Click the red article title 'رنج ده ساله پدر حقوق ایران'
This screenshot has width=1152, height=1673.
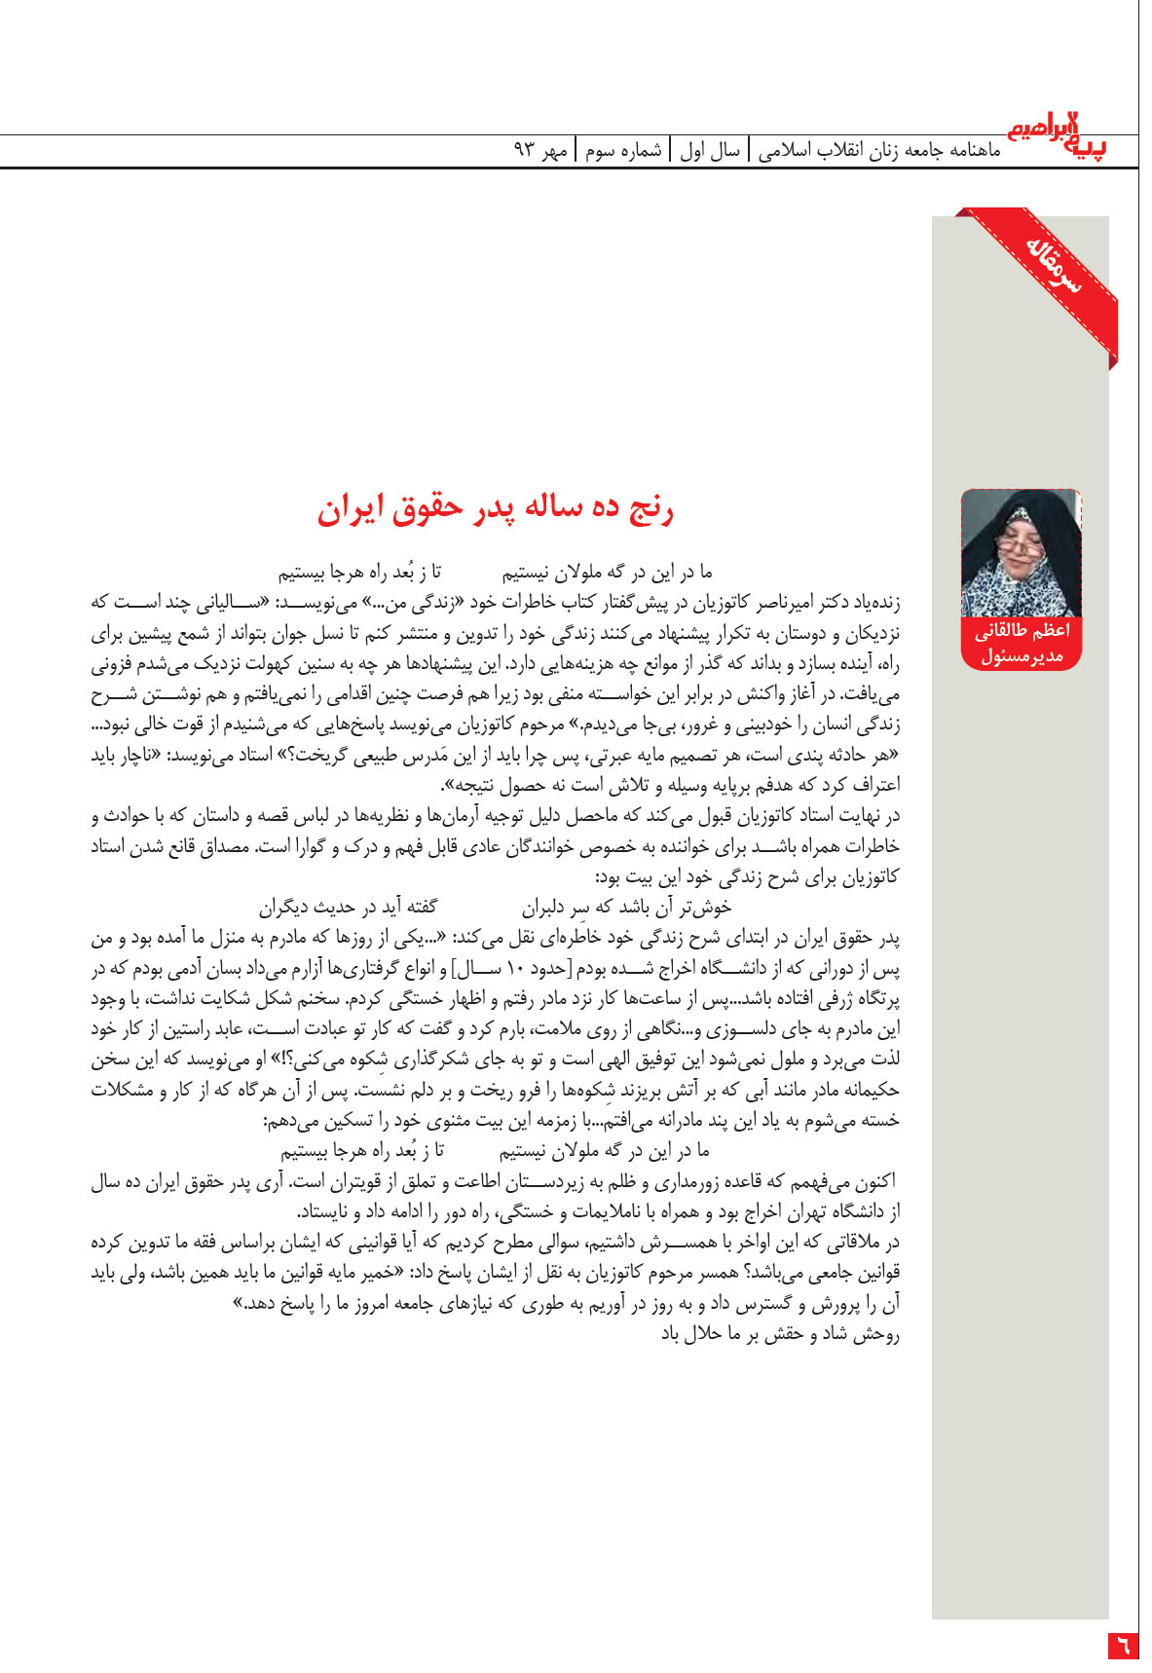(x=495, y=508)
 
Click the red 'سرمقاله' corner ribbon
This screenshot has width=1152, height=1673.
(x=1053, y=264)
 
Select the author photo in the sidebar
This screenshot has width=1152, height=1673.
(x=1021, y=552)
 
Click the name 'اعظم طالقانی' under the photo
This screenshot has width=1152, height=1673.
(x=1022, y=631)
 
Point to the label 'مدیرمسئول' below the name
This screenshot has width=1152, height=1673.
(x=1022, y=656)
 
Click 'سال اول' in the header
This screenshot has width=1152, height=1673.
(x=710, y=151)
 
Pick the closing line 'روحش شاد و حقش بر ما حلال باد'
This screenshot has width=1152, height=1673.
(x=780, y=1334)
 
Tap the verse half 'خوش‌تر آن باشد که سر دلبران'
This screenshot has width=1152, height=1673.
(x=626, y=909)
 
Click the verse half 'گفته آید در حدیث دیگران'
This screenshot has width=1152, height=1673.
(x=347, y=909)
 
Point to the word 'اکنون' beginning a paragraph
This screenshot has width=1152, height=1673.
(x=873, y=1183)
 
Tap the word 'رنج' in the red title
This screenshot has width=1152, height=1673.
(x=649, y=508)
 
